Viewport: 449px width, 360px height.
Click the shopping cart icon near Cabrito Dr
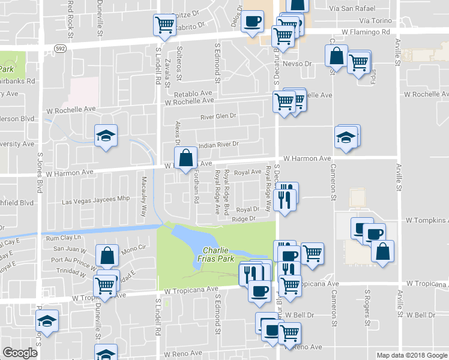point(164,25)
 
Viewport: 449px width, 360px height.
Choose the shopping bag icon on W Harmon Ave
point(187,158)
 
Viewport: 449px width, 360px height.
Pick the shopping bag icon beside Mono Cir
point(107,256)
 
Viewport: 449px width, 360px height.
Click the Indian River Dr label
point(219,145)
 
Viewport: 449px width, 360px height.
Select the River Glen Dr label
point(218,116)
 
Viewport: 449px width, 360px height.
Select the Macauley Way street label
point(143,197)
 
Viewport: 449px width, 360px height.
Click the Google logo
point(20,353)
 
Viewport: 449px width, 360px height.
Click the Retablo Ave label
point(194,94)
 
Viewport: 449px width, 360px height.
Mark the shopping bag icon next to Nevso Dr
point(336,56)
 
